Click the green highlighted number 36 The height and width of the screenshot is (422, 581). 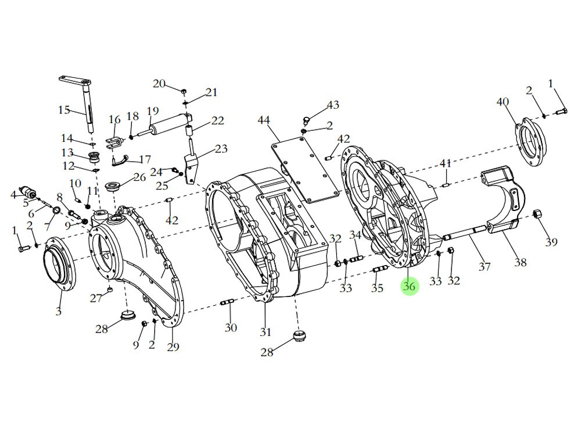click(x=409, y=286)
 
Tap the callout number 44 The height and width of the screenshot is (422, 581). click(x=264, y=120)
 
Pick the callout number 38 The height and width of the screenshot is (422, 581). click(x=520, y=262)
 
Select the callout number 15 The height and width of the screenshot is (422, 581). click(x=64, y=110)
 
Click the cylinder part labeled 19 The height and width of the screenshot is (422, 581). click(x=168, y=126)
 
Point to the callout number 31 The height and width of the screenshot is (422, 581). click(x=266, y=332)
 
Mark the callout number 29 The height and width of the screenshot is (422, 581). click(x=173, y=347)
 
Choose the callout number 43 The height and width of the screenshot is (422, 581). click(x=332, y=105)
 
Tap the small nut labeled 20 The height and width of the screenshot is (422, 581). click(x=183, y=91)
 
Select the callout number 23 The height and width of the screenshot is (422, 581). click(x=221, y=149)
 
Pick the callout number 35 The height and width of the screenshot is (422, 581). click(x=377, y=288)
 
